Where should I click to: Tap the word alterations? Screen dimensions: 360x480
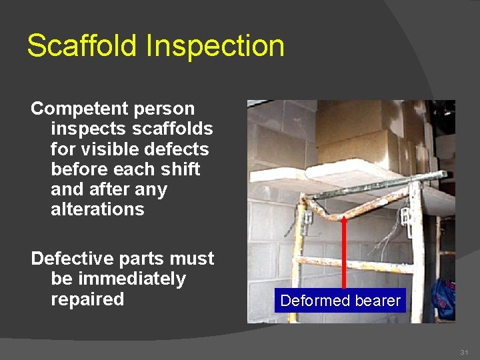click(97, 209)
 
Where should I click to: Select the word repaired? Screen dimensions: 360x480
click(87, 299)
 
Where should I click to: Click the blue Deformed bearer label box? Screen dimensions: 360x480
click(341, 301)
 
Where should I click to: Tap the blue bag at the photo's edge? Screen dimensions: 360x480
click(443, 298)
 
